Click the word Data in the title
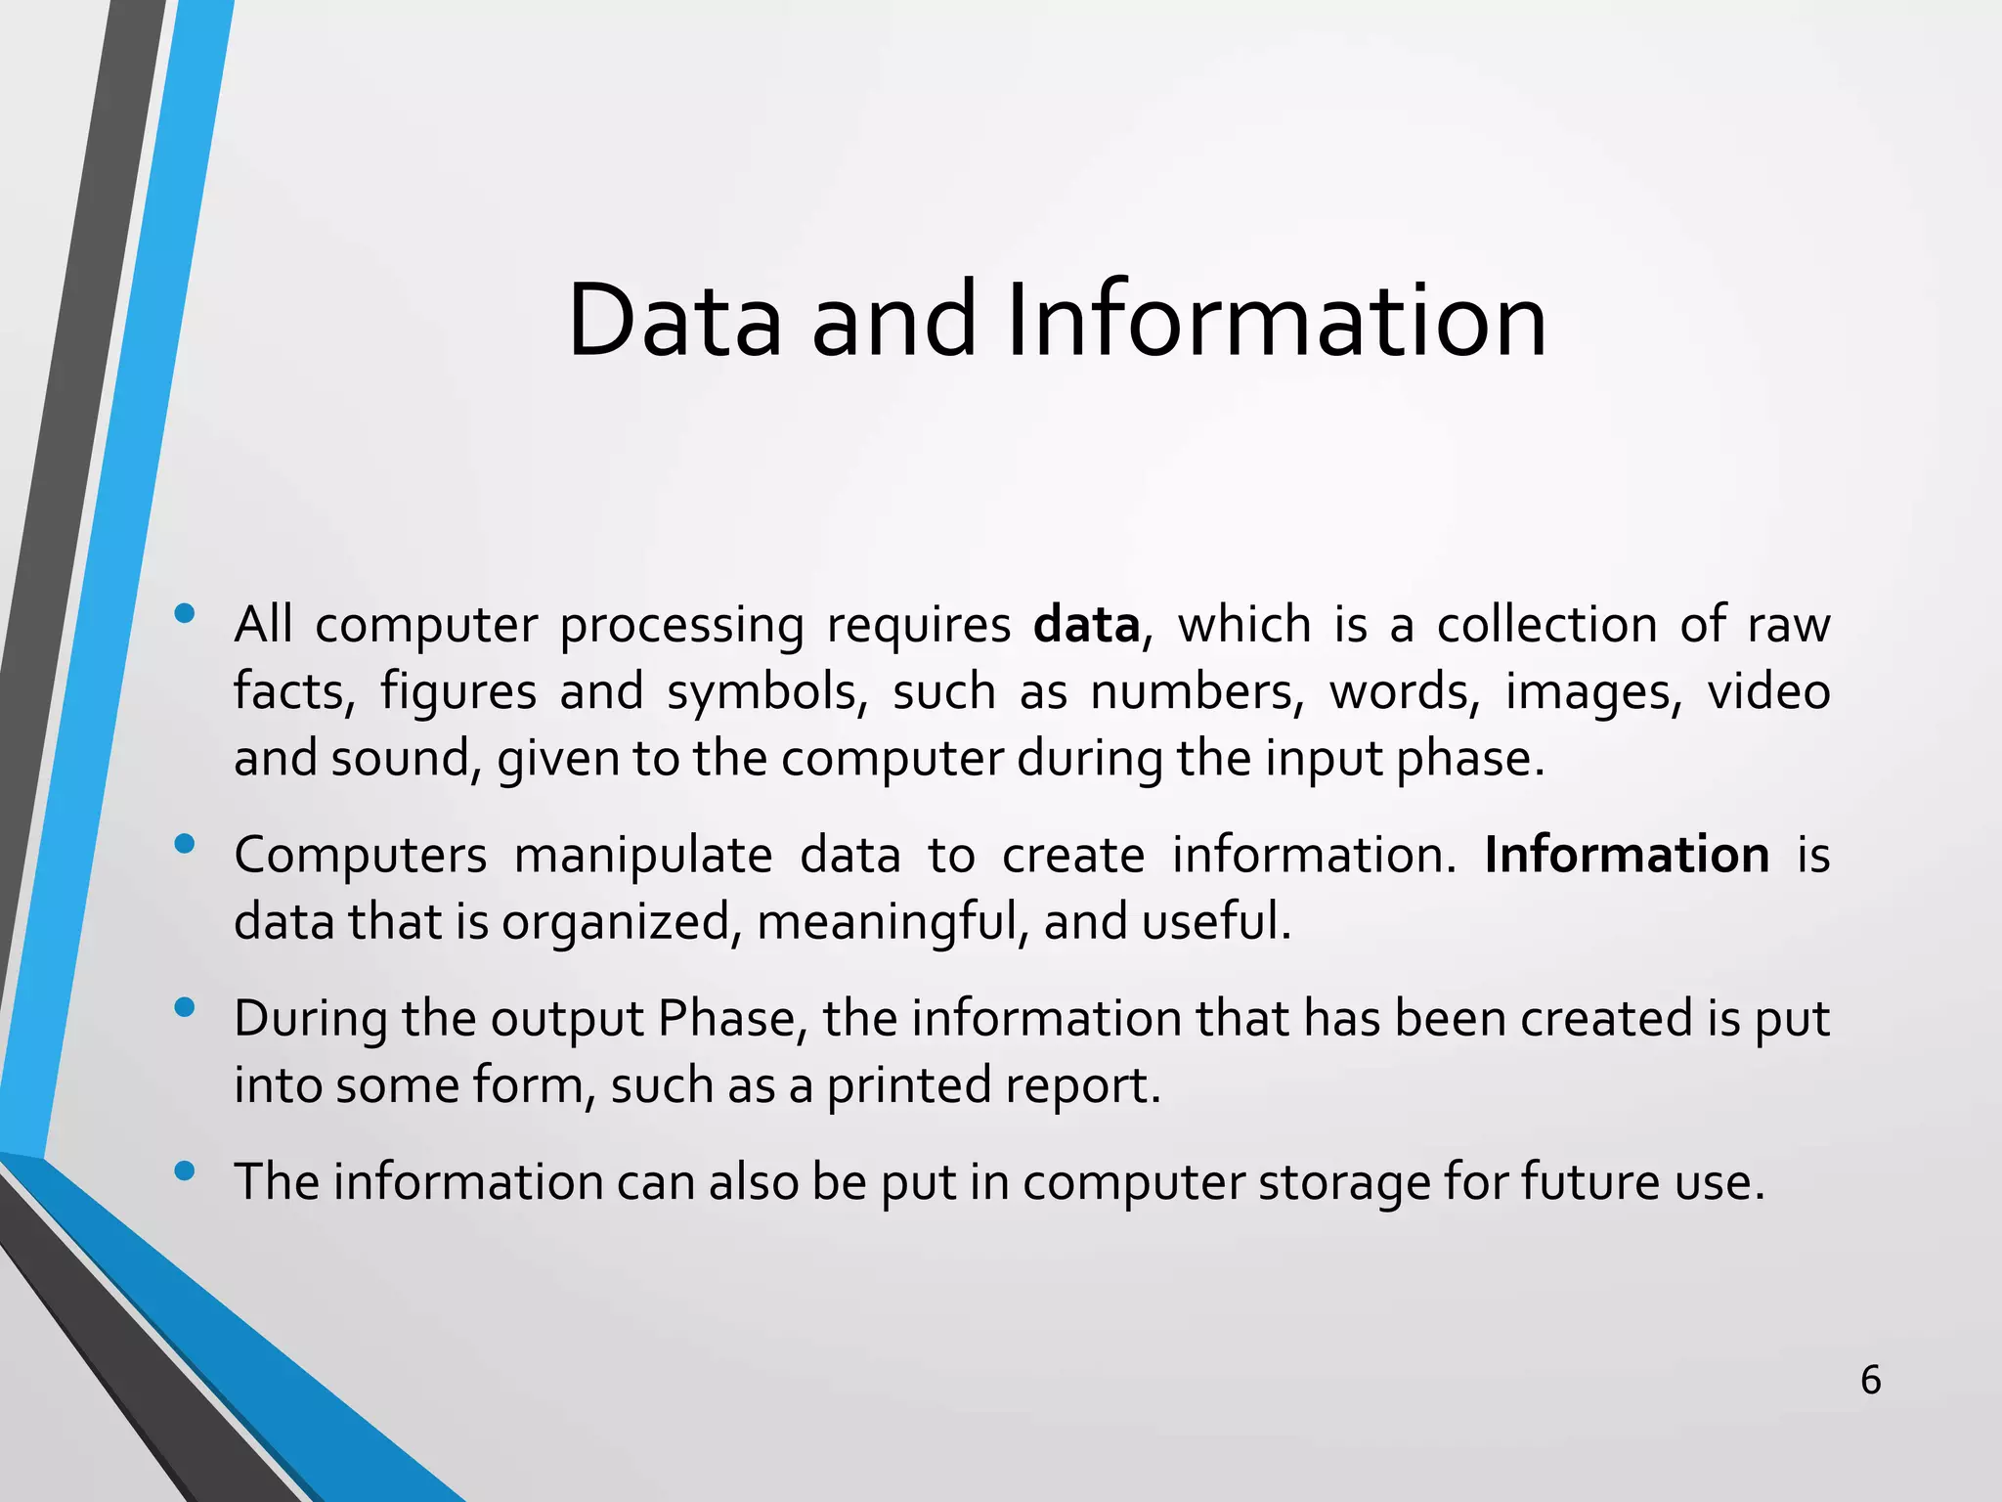[x=675, y=321]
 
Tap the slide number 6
[x=1870, y=1380]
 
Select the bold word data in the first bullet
[x=1086, y=625]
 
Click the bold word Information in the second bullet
[x=1626, y=855]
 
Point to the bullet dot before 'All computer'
[x=184, y=614]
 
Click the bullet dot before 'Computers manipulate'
[x=184, y=844]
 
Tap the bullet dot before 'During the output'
[x=184, y=1007]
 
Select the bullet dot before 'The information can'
[x=184, y=1171]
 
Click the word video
[x=1768, y=692]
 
